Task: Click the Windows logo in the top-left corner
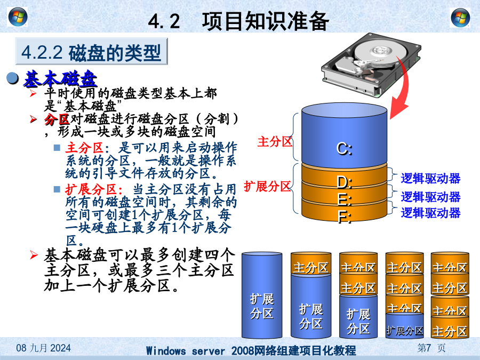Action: (x=18, y=17)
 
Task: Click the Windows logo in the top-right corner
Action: (x=460, y=18)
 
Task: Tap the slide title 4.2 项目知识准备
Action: (x=238, y=21)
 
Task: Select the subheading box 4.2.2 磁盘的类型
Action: (x=92, y=51)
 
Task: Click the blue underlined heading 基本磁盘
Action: (x=60, y=79)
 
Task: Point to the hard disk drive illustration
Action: (x=371, y=65)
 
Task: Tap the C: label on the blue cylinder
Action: (x=345, y=149)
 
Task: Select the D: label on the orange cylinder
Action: (x=345, y=182)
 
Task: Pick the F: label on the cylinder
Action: (x=345, y=217)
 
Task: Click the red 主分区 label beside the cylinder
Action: (x=275, y=141)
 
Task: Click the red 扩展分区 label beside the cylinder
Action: (x=267, y=186)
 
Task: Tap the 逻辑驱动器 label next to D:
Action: (x=430, y=179)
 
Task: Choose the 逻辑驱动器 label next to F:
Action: (x=430, y=213)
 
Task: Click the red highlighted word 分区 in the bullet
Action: (x=57, y=119)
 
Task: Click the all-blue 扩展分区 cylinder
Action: (x=262, y=295)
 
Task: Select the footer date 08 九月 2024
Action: (x=44, y=348)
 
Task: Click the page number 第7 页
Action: (x=431, y=348)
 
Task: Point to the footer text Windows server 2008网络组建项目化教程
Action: (x=251, y=350)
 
